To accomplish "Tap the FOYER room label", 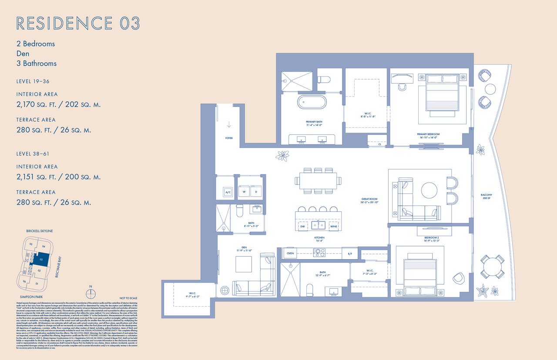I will click(x=229, y=138).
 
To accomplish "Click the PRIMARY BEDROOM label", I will click(x=428, y=135).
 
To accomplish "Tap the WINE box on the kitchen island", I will click(x=334, y=226).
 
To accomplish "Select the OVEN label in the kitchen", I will click(x=290, y=253).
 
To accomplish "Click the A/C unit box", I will click(x=227, y=192).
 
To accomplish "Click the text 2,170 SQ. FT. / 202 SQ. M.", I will click(x=58, y=104).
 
